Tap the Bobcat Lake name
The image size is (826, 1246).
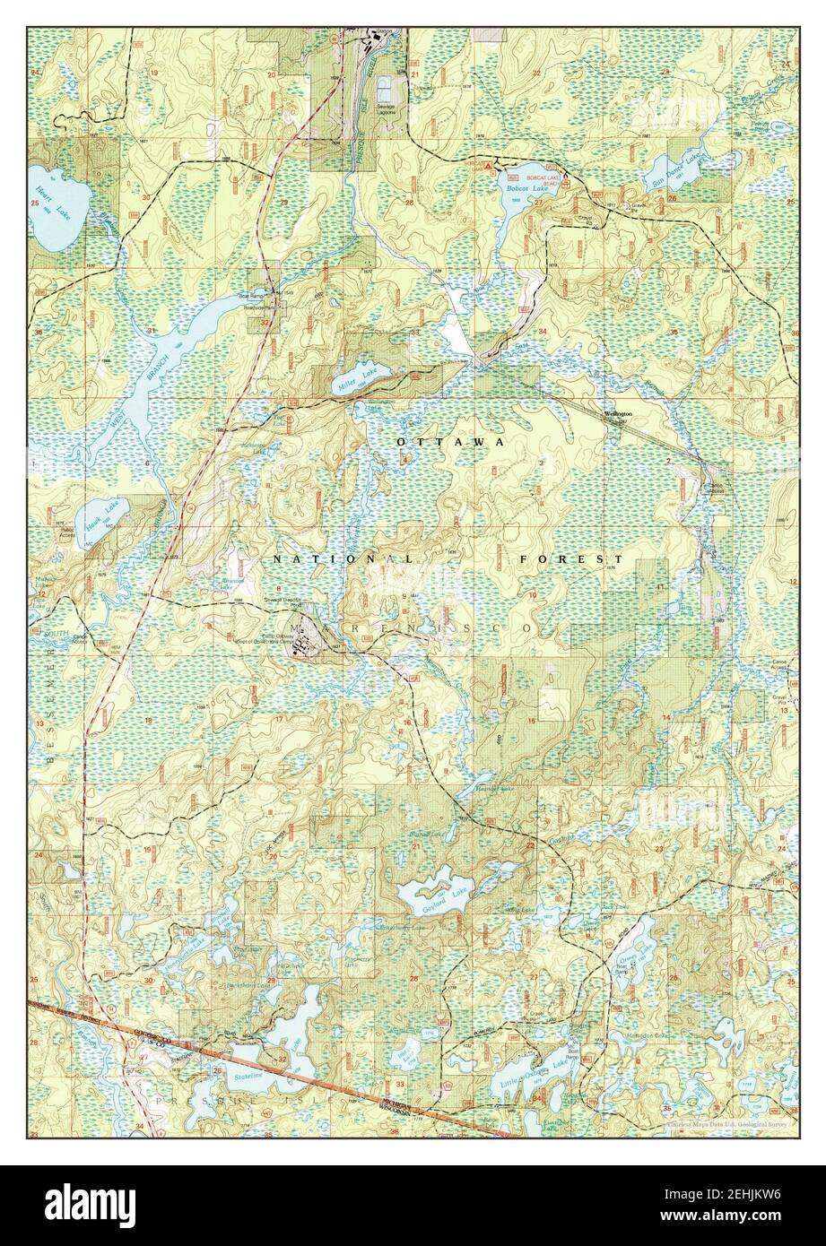(x=517, y=189)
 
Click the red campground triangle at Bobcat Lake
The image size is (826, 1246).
(x=487, y=167)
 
